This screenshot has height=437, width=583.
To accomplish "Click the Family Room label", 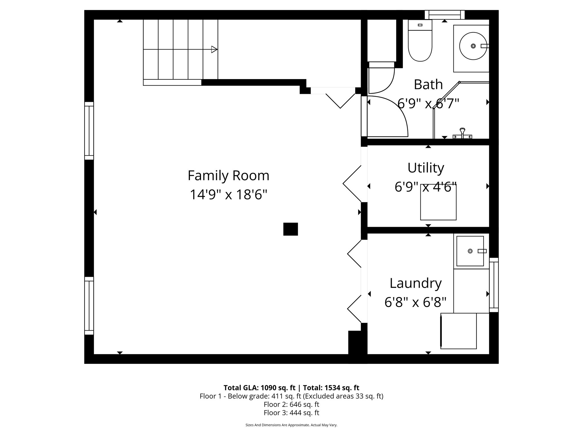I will pyautogui.click(x=228, y=176).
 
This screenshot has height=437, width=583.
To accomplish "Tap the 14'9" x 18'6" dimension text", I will pyautogui.click(x=228, y=195).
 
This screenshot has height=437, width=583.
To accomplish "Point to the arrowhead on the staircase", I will pyautogui.click(x=214, y=50).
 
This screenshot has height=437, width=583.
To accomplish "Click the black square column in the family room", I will pyautogui.click(x=290, y=229).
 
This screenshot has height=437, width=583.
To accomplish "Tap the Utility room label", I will pyautogui.click(x=426, y=168).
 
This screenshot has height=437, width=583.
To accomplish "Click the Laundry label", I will pyautogui.click(x=416, y=283).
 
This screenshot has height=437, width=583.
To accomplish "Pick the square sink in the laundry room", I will pyautogui.click(x=470, y=251).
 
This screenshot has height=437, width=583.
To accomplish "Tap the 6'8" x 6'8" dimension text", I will pyautogui.click(x=415, y=302).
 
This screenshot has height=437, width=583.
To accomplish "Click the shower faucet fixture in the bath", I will pyautogui.click(x=462, y=134).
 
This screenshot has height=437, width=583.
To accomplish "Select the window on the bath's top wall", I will pyautogui.click(x=444, y=15).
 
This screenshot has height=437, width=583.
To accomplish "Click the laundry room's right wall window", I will pyautogui.click(x=494, y=285).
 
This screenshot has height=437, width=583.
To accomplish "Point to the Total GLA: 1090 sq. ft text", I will pyautogui.click(x=259, y=388).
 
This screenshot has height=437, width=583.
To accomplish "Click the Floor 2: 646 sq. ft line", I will pyautogui.click(x=291, y=404).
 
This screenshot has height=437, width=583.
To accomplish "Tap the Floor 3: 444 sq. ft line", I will pyautogui.click(x=291, y=413).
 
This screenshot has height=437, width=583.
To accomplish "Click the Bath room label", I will pyautogui.click(x=428, y=84).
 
